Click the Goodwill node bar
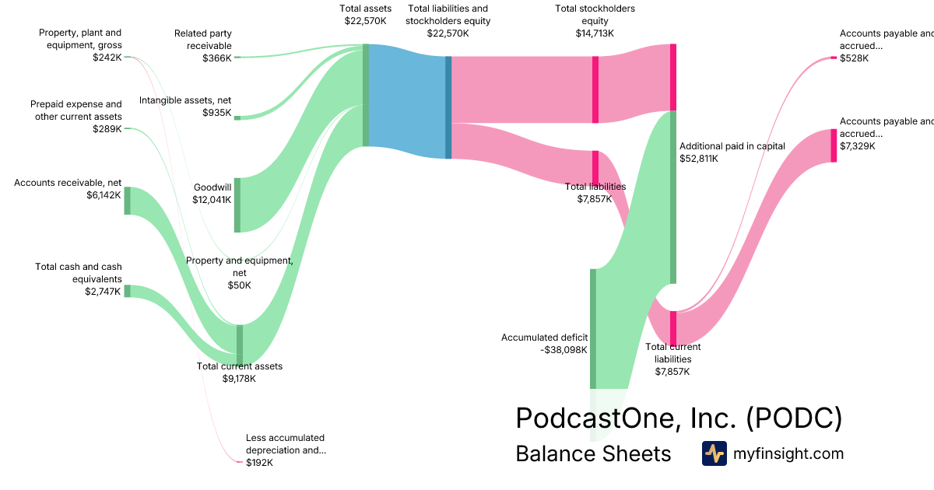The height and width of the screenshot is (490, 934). click(x=237, y=205)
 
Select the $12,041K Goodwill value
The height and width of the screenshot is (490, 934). click(x=212, y=200)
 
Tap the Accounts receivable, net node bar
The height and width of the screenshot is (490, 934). click(x=128, y=201)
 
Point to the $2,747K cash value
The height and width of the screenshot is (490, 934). click(x=103, y=292)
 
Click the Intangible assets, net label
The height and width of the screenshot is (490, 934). click(x=185, y=100)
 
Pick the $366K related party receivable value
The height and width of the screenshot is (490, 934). click(x=217, y=58)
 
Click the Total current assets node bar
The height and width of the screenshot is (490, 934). click(x=240, y=344)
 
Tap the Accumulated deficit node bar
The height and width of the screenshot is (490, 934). click(x=592, y=328)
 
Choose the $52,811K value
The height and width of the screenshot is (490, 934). click(x=699, y=159)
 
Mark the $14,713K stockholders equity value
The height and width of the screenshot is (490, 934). click(x=595, y=33)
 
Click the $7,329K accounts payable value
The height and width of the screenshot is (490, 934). click(x=858, y=146)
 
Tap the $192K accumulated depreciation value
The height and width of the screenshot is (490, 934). click(x=260, y=463)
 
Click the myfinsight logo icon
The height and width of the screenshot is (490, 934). click(x=714, y=453)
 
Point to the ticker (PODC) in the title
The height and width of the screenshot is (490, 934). click(x=794, y=418)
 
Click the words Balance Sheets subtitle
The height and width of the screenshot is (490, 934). click(x=593, y=453)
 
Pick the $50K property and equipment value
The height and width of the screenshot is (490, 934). click(x=240, y=285)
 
